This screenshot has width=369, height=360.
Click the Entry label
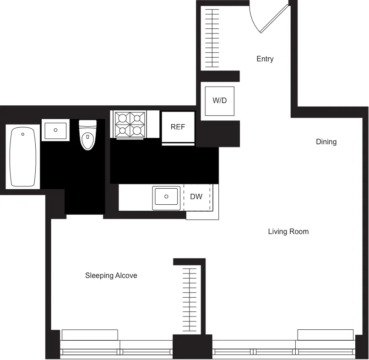tap(265, 59)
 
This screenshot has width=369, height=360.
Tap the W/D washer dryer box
tap(220, 101)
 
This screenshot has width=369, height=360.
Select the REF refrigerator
tap(178, 127)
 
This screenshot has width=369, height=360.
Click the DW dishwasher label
tap(196, 197)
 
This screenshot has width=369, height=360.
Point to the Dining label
tap(326, 142)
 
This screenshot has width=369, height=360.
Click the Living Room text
tap(288, 232)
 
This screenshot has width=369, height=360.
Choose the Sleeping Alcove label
tap(111, 276)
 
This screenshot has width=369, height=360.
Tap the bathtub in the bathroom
tap(22, 157)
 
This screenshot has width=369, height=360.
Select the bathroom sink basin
tap(55, 130)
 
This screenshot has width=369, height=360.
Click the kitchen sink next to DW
tap(166, 197)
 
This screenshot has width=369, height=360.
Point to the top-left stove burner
tap(122, 118)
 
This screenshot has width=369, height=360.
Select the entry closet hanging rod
tap(212, 39)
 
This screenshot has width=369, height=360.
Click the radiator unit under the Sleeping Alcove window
tap(90, 335)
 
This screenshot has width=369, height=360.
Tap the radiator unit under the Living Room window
tap(325, 335)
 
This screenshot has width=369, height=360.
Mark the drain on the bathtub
tap(22, 135)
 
